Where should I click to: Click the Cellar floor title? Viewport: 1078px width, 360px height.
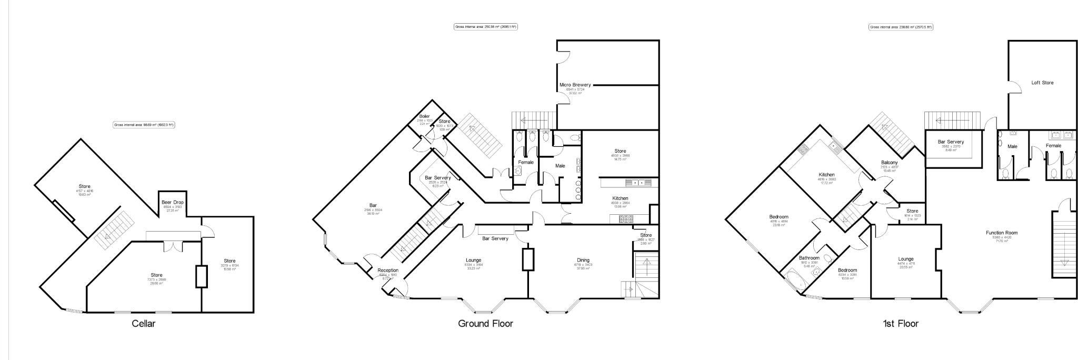pyautogui.click(x=143, y=324)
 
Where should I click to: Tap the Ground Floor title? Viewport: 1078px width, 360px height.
pyautogui.click(x=485, y=324)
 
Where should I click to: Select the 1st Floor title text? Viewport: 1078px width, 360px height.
pyautogui.click(x=901, y=324)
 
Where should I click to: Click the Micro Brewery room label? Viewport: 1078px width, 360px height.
pyautogui.click(x=575, y=85)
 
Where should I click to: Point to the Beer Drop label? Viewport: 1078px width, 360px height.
pyautogui.click(x=172, y=202)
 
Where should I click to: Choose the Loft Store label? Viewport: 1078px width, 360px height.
pyautogui.click(x=1042, y=83)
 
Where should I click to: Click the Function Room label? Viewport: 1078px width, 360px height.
pyautogui.click(x=1001, y=233)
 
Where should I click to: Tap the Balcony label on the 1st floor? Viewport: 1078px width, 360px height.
pyautogui.click(x=889, y=163)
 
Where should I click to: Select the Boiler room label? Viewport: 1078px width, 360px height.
pyautogui.click(x=425, y=116)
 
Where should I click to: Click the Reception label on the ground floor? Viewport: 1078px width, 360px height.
pyautogui.click(x=388, y=271)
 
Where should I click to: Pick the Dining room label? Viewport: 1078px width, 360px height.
pyautogui.click(x=583, y=260)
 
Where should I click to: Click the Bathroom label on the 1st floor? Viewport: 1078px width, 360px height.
pyautogui.click(x=809, y=258)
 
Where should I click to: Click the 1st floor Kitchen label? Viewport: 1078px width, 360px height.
pyautogui.click(x=826, y=175)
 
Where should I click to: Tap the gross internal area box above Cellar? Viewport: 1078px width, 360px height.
pyautogui.click(x=144, y=125)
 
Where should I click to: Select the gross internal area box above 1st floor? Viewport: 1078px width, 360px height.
pyautogui.click(x=901, y=27)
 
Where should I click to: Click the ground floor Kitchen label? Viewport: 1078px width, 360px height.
pyautogui.click(x=620, y=198)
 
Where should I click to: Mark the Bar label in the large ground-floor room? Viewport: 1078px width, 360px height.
pyautogui.click(x=373, y=205)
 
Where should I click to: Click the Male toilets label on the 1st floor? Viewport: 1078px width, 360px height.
pyautogui.click(x=1012, y=146)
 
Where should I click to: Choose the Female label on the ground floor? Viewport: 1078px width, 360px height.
pyautogui.click(x=526, y=162)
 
